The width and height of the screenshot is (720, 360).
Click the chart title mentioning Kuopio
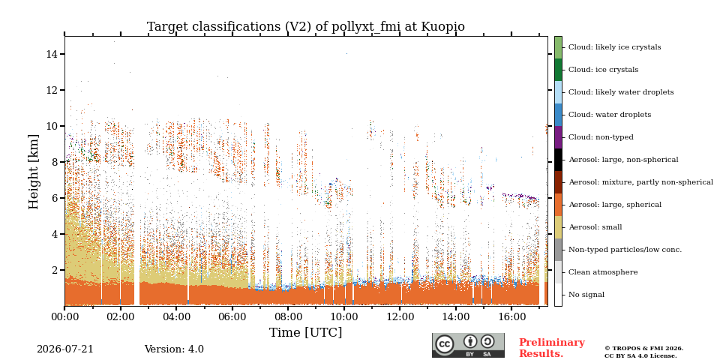point(305,27)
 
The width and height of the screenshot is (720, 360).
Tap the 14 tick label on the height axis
point(52,54)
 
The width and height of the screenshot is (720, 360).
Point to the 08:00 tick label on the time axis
point(288,316)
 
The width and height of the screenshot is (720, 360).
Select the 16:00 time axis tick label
point(512,316)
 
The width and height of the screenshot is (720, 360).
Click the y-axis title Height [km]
point(34,172)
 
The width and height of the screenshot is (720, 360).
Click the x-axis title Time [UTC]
point(305,332)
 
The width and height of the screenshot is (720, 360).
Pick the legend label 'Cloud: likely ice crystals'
point(615,47)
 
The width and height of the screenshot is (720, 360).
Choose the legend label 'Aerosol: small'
point(595,227)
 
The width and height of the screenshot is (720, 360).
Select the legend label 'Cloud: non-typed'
point(601,137)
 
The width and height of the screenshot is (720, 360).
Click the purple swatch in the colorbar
point(558,137)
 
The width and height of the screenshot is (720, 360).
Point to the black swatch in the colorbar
point(558,160)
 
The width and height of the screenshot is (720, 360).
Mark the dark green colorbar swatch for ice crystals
point(558,70)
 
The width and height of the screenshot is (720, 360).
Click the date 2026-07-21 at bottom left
point(64,349)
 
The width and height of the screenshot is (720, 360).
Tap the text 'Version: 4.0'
point(174,349)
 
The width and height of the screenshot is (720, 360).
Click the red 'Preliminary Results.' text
point(552,348)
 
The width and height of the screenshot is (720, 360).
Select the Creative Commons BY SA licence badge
point(468,345)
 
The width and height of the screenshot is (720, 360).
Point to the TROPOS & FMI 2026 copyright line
point(643,349)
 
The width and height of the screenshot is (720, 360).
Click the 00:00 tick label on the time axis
point(64,316)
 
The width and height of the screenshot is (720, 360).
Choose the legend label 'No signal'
point(586,295)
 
